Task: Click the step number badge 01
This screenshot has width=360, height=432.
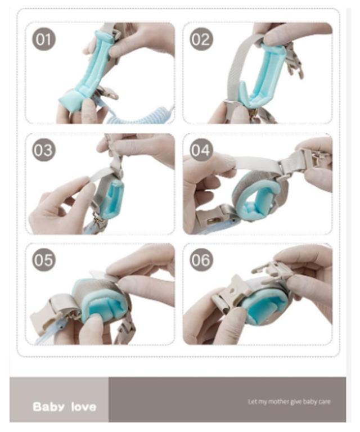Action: (44, 39)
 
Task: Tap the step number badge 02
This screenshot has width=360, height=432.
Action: (201, 39)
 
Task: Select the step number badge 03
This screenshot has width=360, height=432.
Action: (44, 150)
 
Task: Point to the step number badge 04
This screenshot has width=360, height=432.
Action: (201, 150)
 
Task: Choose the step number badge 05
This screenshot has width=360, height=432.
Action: (44, 260)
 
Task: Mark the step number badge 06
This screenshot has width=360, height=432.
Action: (201, 260)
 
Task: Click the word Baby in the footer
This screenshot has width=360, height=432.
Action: (49, 407)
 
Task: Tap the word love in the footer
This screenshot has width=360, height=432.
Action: (83, 407)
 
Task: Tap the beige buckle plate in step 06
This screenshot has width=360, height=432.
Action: (234, 292)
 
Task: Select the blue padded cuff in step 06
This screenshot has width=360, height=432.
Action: (262, 303)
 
